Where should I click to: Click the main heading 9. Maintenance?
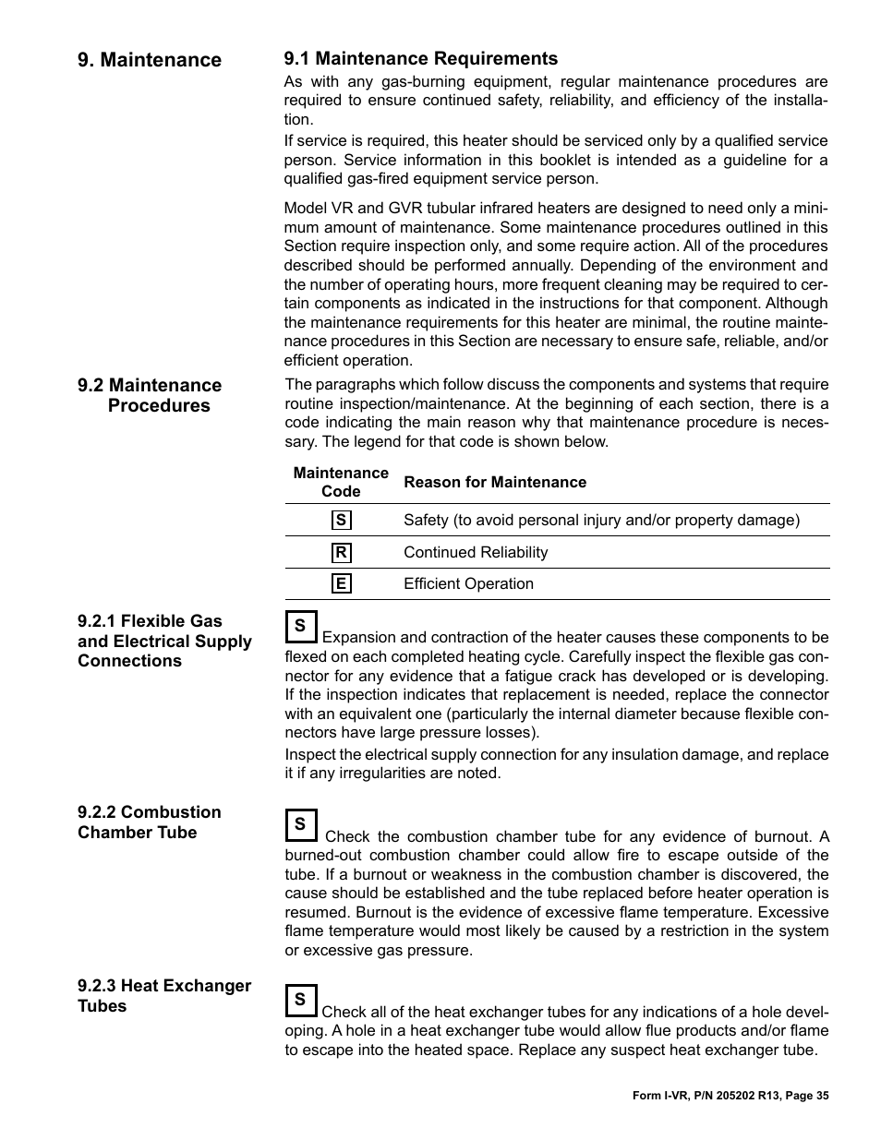coord(150,60)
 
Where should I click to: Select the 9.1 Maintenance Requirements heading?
coord(420,59)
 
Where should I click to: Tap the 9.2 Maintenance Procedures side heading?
coord(150,395)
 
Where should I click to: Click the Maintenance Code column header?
coord(341,482)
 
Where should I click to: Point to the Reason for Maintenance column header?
coord(494,482)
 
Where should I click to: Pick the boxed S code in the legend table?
coord(341,520)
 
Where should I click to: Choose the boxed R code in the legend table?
coord(341,552)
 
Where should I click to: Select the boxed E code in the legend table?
coord(341,583)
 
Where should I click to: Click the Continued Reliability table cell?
coord(476,552)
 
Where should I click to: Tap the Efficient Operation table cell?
coord(468,583)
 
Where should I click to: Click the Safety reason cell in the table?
coord(601,520)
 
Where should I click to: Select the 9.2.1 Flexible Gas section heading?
coord(164,641)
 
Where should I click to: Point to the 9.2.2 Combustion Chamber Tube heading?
coord(150,822)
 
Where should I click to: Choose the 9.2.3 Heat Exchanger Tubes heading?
coord(164,995)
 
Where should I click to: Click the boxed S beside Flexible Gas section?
coord(300,626)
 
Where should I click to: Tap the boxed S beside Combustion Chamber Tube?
coord(300,824)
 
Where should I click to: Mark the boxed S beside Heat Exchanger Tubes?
coord(300,1000)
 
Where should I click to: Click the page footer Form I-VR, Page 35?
coord(730,1096)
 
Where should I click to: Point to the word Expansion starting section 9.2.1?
coord(360,637)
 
